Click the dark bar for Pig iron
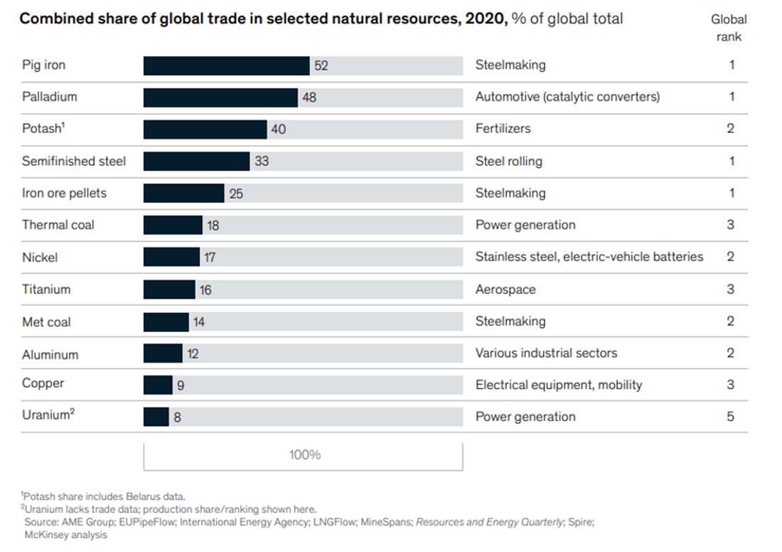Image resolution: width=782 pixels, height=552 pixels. (226, 65)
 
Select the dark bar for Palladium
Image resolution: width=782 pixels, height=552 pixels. (220, 97)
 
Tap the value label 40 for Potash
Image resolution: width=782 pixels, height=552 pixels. (278, 129)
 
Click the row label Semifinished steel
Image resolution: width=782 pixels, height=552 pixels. (74, 161)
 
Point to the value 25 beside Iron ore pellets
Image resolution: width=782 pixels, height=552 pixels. (236, 193)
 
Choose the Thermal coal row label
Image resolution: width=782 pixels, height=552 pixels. (58, 225)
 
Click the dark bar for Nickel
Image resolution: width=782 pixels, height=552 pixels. (171, 258)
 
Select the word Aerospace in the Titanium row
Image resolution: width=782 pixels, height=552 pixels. (505, 290)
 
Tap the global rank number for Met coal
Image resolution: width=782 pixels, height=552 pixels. (730, 322)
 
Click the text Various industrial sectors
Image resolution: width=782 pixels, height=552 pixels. (546, 354)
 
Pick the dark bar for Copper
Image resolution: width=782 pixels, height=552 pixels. (158, 386)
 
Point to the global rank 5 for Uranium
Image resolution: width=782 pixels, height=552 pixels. (730, 417)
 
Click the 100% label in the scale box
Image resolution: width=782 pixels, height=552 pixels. (304, 455)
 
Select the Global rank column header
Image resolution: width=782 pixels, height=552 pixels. (729, 28)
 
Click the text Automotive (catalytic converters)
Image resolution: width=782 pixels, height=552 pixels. (567, 97)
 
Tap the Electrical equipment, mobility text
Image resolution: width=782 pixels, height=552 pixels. (558, 386)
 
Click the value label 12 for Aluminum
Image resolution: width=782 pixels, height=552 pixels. (193, 354)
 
